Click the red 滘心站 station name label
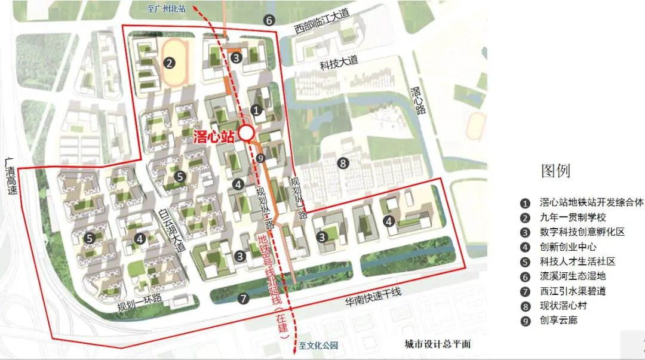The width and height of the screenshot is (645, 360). (214, 136)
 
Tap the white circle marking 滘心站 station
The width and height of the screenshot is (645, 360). (245, 133)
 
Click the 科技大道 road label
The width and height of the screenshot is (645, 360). (338, 60)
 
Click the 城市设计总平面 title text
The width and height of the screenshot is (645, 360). (437, 344)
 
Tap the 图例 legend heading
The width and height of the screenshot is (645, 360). (555, 171)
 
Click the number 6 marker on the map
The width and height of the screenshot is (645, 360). (269, 20)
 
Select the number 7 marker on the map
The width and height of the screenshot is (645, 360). (242, 299)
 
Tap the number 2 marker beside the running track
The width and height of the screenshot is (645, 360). (170, 62)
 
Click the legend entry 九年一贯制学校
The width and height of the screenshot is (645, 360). (572, 217)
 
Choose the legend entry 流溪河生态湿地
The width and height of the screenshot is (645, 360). (572, 276)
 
